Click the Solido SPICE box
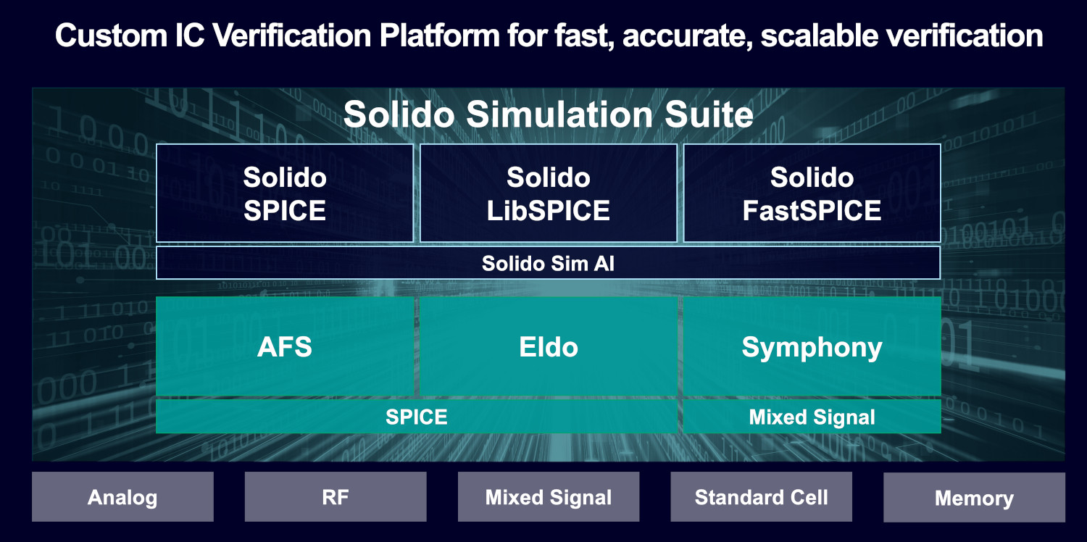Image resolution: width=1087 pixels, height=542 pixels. [284, 193]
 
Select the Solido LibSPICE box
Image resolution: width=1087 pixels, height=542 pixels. [549, 193]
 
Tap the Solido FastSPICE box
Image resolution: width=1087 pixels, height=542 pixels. [812, 193]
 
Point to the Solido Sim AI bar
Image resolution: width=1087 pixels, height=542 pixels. [549, 263]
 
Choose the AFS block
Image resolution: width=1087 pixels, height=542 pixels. [285, 346]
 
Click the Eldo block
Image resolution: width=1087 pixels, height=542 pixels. [549, 346]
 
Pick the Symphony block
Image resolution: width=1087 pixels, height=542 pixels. [812, 346]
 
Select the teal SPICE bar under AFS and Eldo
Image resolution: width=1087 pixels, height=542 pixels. [417, 417]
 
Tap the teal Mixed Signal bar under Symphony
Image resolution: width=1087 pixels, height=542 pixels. [812, 417]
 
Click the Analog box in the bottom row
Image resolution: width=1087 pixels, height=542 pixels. [122, 497]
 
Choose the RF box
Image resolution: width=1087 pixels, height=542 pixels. [336, 497]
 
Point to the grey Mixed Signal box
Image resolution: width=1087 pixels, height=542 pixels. [549, 497]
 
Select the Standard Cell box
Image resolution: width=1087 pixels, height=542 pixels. [762, 497]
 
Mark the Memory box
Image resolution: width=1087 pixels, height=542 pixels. [975, 497]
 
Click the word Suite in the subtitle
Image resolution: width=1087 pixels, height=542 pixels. [709, 114]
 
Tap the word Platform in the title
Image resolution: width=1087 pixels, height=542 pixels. [440, 36]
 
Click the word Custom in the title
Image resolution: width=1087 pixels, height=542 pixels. [111, 36]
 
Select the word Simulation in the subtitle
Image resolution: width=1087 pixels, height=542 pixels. [559, 114]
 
